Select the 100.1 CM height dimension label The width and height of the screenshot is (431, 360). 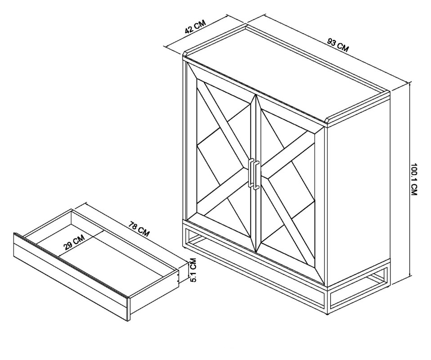tap(414, 179)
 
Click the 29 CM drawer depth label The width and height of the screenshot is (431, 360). tap(74, 242)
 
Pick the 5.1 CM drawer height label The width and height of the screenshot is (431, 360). tap(193, 270)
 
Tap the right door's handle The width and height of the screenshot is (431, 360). tap(256, 175)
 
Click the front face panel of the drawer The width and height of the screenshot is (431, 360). tap(72, 276)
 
